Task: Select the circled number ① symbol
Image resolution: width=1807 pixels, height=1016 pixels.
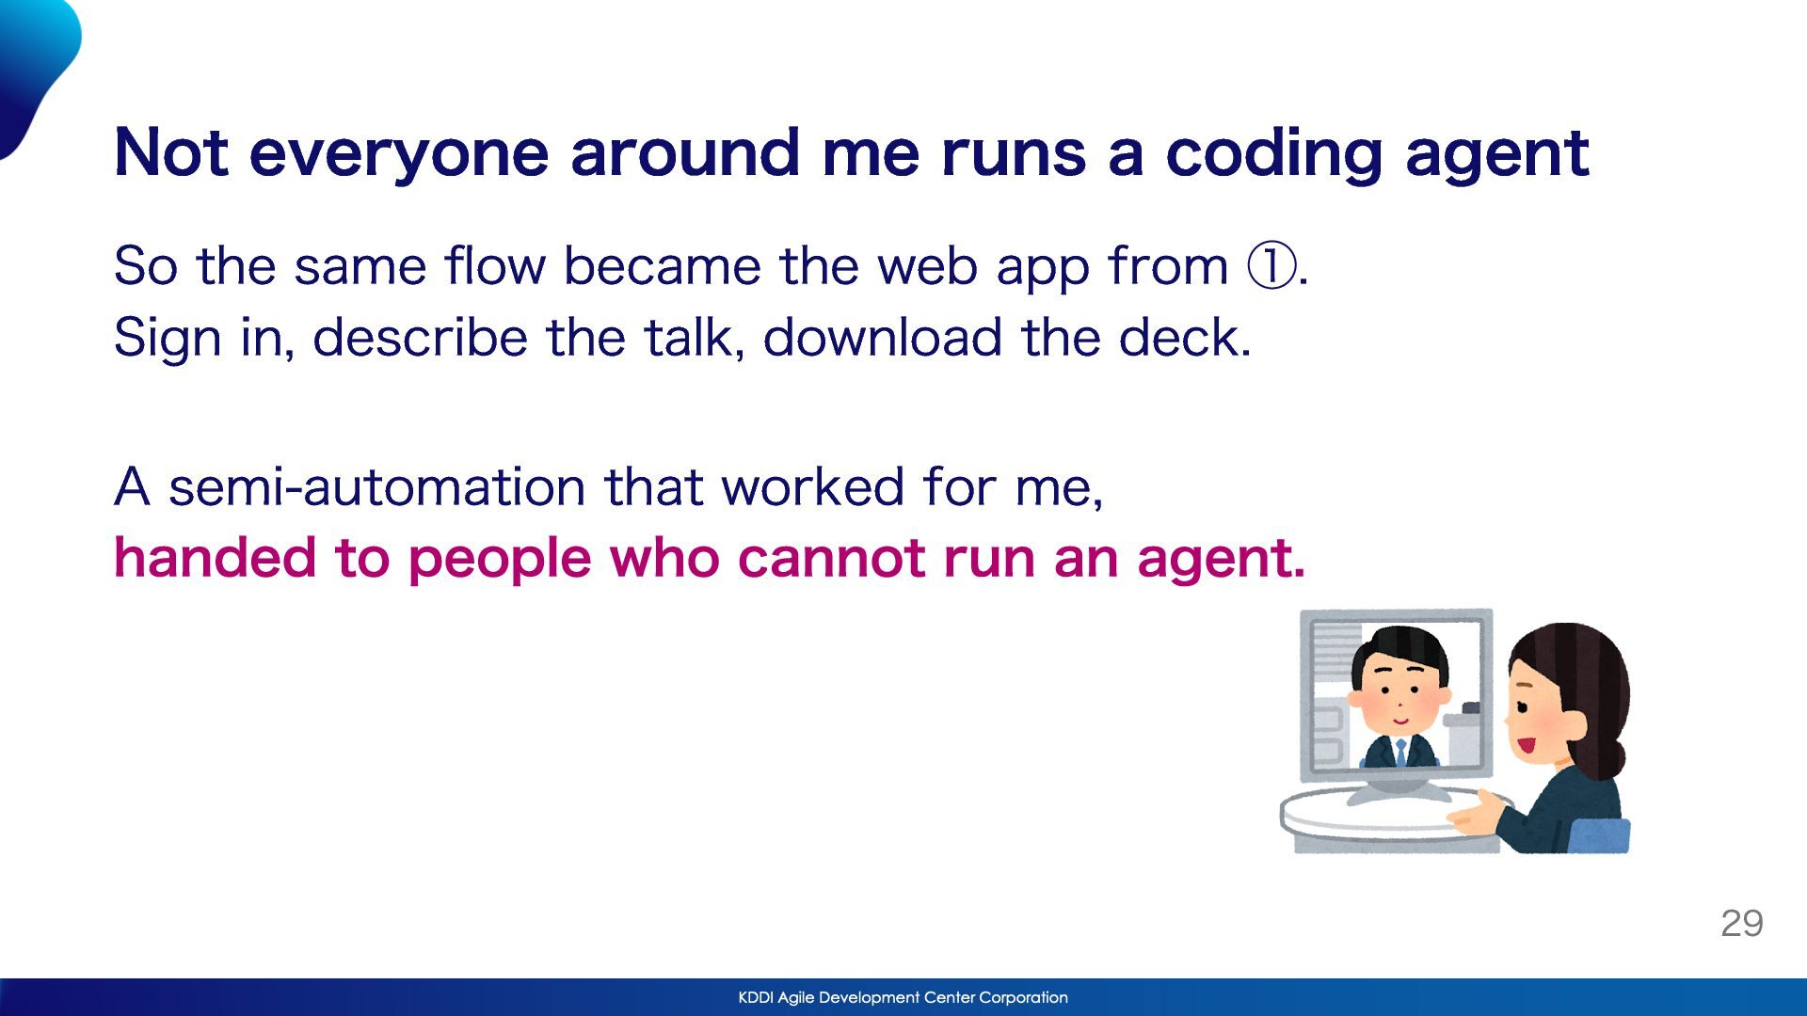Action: click(1271, 265)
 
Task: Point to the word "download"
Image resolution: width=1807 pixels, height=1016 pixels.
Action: click(882, 337)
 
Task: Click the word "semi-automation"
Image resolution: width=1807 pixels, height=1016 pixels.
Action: click(376, 487)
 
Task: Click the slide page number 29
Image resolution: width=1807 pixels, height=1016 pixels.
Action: click(1742, 924)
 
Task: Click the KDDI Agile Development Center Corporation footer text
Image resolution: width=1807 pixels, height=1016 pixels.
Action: click(903, 997)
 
